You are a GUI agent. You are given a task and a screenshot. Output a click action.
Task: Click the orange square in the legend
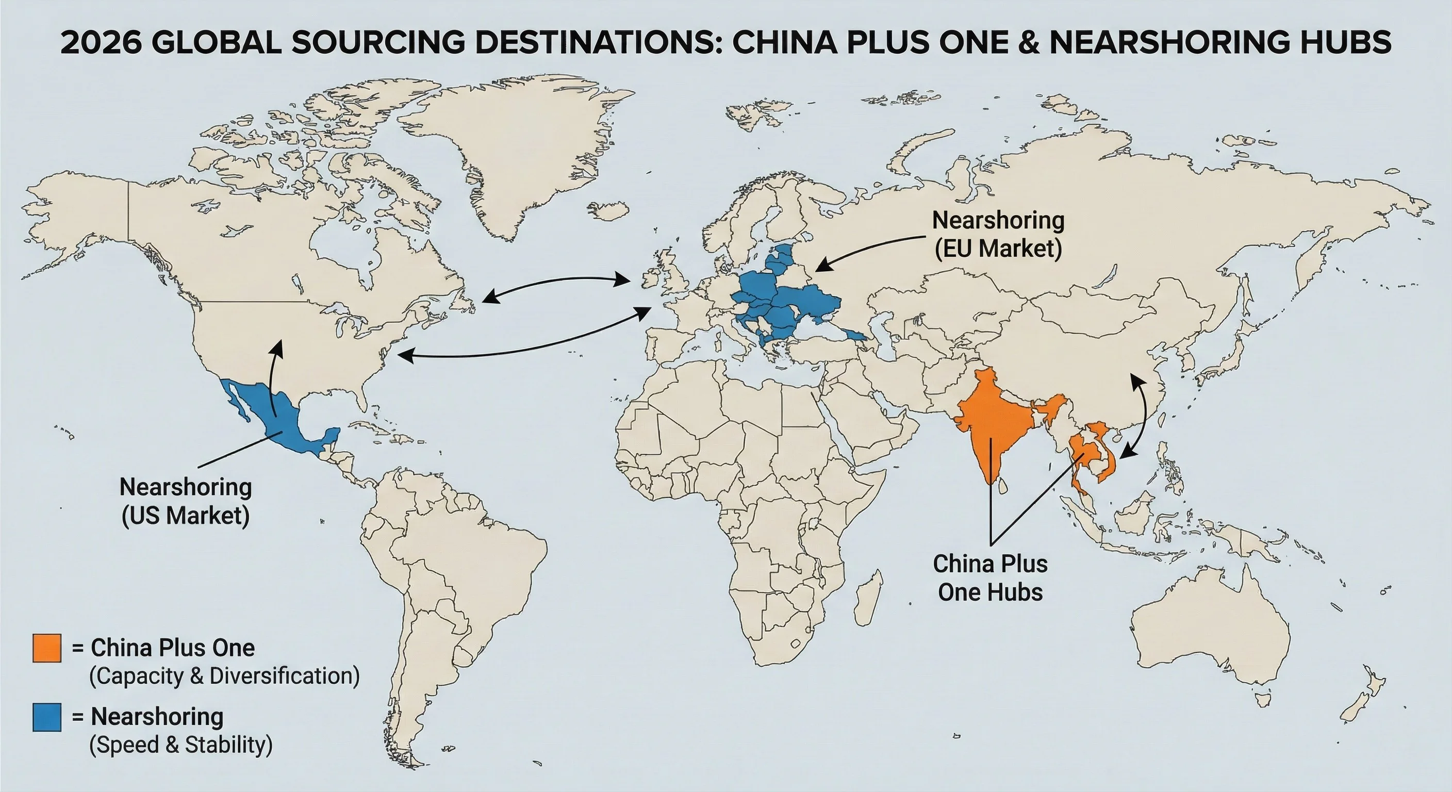pyautogui.click(x=47, y=648)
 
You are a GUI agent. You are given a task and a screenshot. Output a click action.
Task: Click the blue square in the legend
pyautogui.click(x=47, y=717)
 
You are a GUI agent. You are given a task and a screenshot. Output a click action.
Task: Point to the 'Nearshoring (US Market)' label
pyautogui.click(x=186, y=501)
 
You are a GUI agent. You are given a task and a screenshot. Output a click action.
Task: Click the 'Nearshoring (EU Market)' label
pyautogui.click(x=998, y=234)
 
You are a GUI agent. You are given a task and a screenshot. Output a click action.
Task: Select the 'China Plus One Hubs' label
pyautogui.click(x=990, y=578)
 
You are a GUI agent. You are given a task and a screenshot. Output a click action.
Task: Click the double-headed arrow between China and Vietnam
pyautogui.click(x=1142, y=417)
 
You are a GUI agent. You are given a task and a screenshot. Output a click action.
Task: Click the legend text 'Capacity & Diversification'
pyautogui.click(x=224, y=676)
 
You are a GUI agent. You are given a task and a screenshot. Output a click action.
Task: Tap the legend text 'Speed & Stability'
pyautogui.click(x=181, y=745)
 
